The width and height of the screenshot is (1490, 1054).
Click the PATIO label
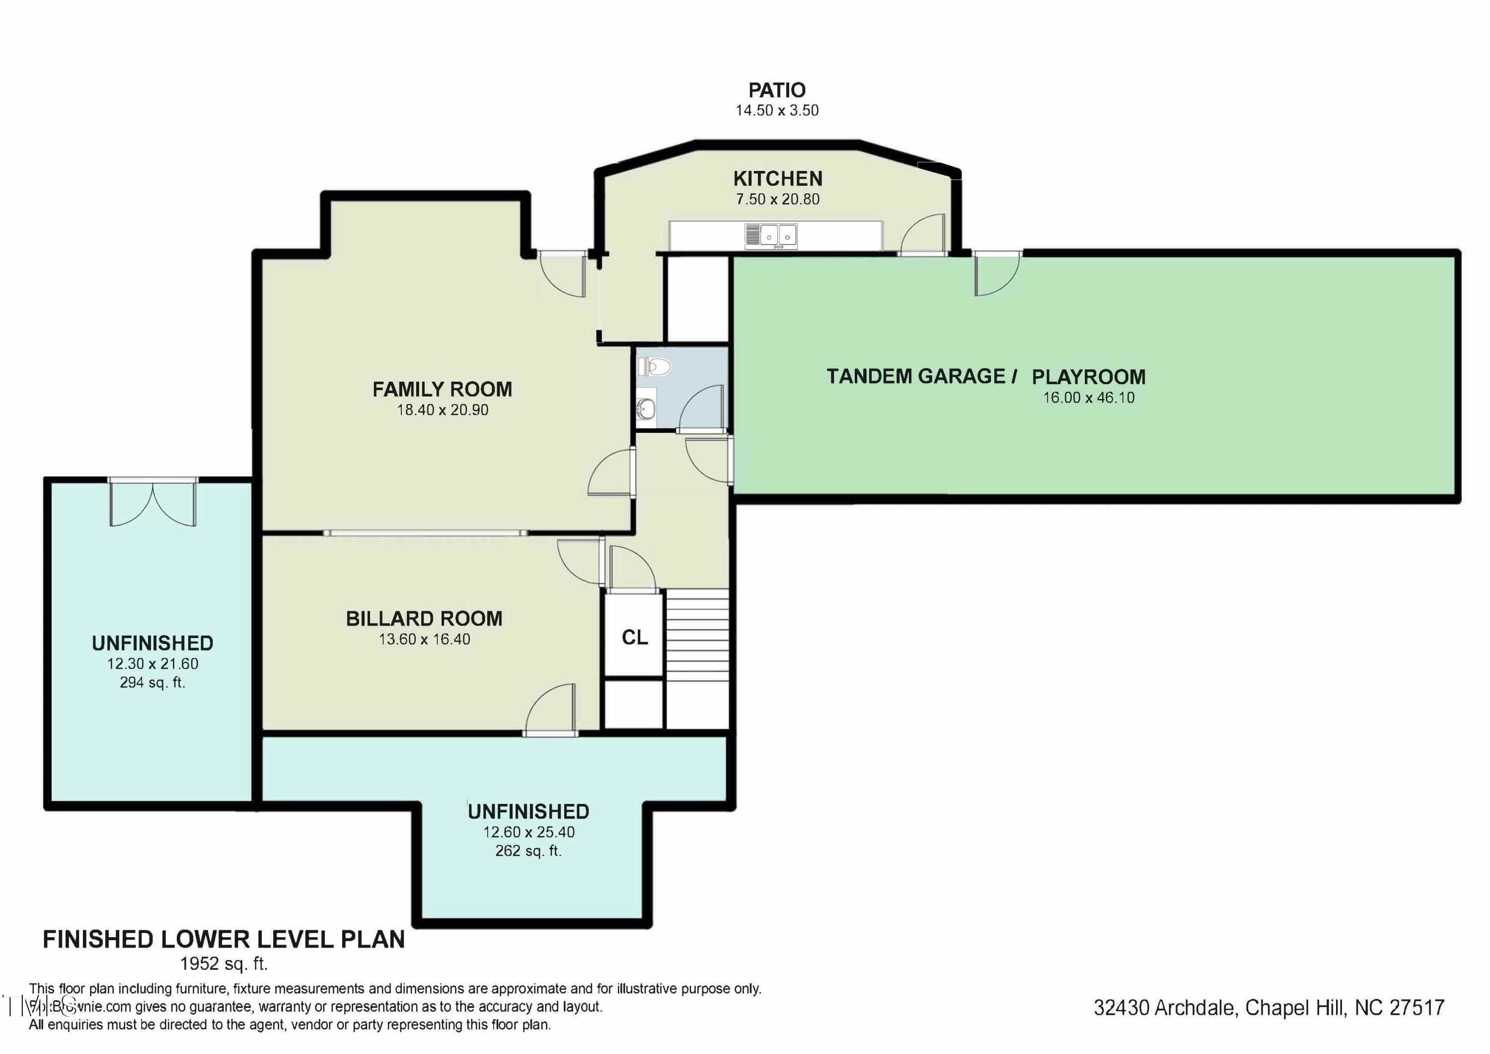tap(777, 90)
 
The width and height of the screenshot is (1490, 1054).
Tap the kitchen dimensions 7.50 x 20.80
tap(777, 199)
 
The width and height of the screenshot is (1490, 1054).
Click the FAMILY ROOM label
tap(442, 389)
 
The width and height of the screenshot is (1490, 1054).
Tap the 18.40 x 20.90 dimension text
tap(443, 410)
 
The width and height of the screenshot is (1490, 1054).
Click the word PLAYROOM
tap(1088, 377)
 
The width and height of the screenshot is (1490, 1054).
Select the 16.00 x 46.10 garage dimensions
tap(1088, 398)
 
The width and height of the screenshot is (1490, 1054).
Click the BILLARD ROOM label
tap(424, 618)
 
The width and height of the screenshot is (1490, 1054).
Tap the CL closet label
tap(635, 638)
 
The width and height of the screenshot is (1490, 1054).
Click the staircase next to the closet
tap(698, 635)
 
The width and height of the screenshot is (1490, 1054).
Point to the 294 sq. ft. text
tap(152, 682)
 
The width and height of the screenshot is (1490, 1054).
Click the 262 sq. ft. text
tap(528, 851)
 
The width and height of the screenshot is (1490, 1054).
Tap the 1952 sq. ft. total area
tap(224, 963)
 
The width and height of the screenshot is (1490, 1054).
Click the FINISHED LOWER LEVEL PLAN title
tap(224, 940)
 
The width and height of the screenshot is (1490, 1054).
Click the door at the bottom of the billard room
tap(551, 712)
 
